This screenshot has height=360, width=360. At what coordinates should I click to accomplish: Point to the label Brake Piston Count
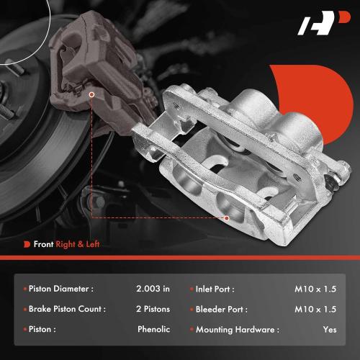pyautogui.click(x=67, y=309)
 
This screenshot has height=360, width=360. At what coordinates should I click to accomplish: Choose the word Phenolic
pyautogui.click(x=153, y=329)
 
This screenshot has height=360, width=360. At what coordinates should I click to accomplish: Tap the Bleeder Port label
pyautogui.click(x=221, y=309)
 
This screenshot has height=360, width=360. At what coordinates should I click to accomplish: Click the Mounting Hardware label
pyautogui.click(x=237, y=329)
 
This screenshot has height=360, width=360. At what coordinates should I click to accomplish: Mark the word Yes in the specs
pyautogui.click(x=330, y=329)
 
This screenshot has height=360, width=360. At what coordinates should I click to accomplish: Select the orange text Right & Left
pyautogui.click(x=80, y=244)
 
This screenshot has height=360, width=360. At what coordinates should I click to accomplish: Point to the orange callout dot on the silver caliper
pyautogui.click(x=226, y=217)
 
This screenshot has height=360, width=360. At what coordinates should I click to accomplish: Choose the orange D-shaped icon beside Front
pyautogui.click(x=27, y=244)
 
